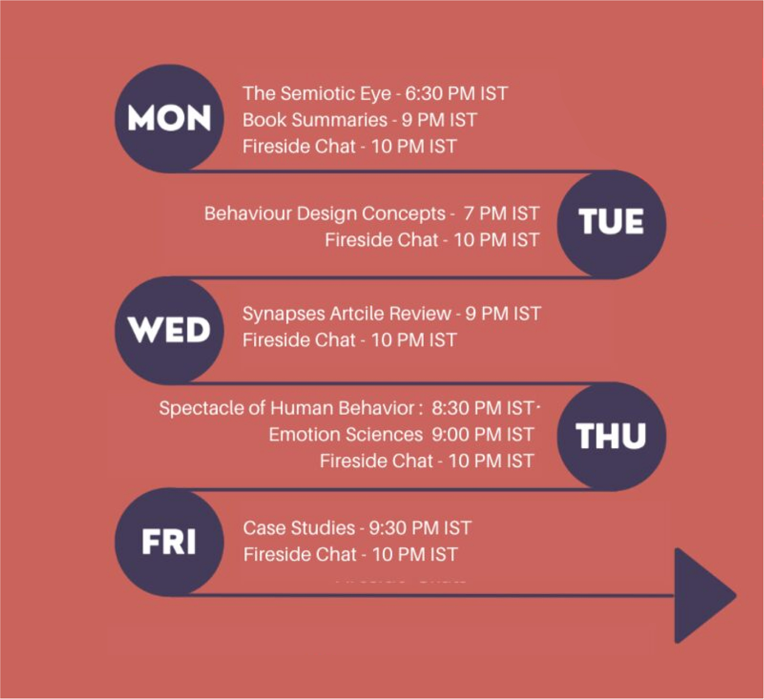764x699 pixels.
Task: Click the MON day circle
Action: pos(169,119)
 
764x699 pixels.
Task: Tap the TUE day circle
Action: pos(612,224)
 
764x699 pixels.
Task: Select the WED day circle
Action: pos(169,330)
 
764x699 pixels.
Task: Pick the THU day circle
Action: pos(612,436)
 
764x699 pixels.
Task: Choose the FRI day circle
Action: pos(169,541)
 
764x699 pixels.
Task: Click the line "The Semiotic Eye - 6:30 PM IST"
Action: pos(375,94)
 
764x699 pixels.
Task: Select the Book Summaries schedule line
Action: pos(359,120)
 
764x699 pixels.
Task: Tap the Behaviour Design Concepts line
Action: pos(372,213)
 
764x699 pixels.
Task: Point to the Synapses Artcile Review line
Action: pos(391,314)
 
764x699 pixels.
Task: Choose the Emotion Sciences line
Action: pos(401,434)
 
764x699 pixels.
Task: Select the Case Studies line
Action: pos(357,528)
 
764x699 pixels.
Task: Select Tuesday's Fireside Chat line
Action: pos(432,240)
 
